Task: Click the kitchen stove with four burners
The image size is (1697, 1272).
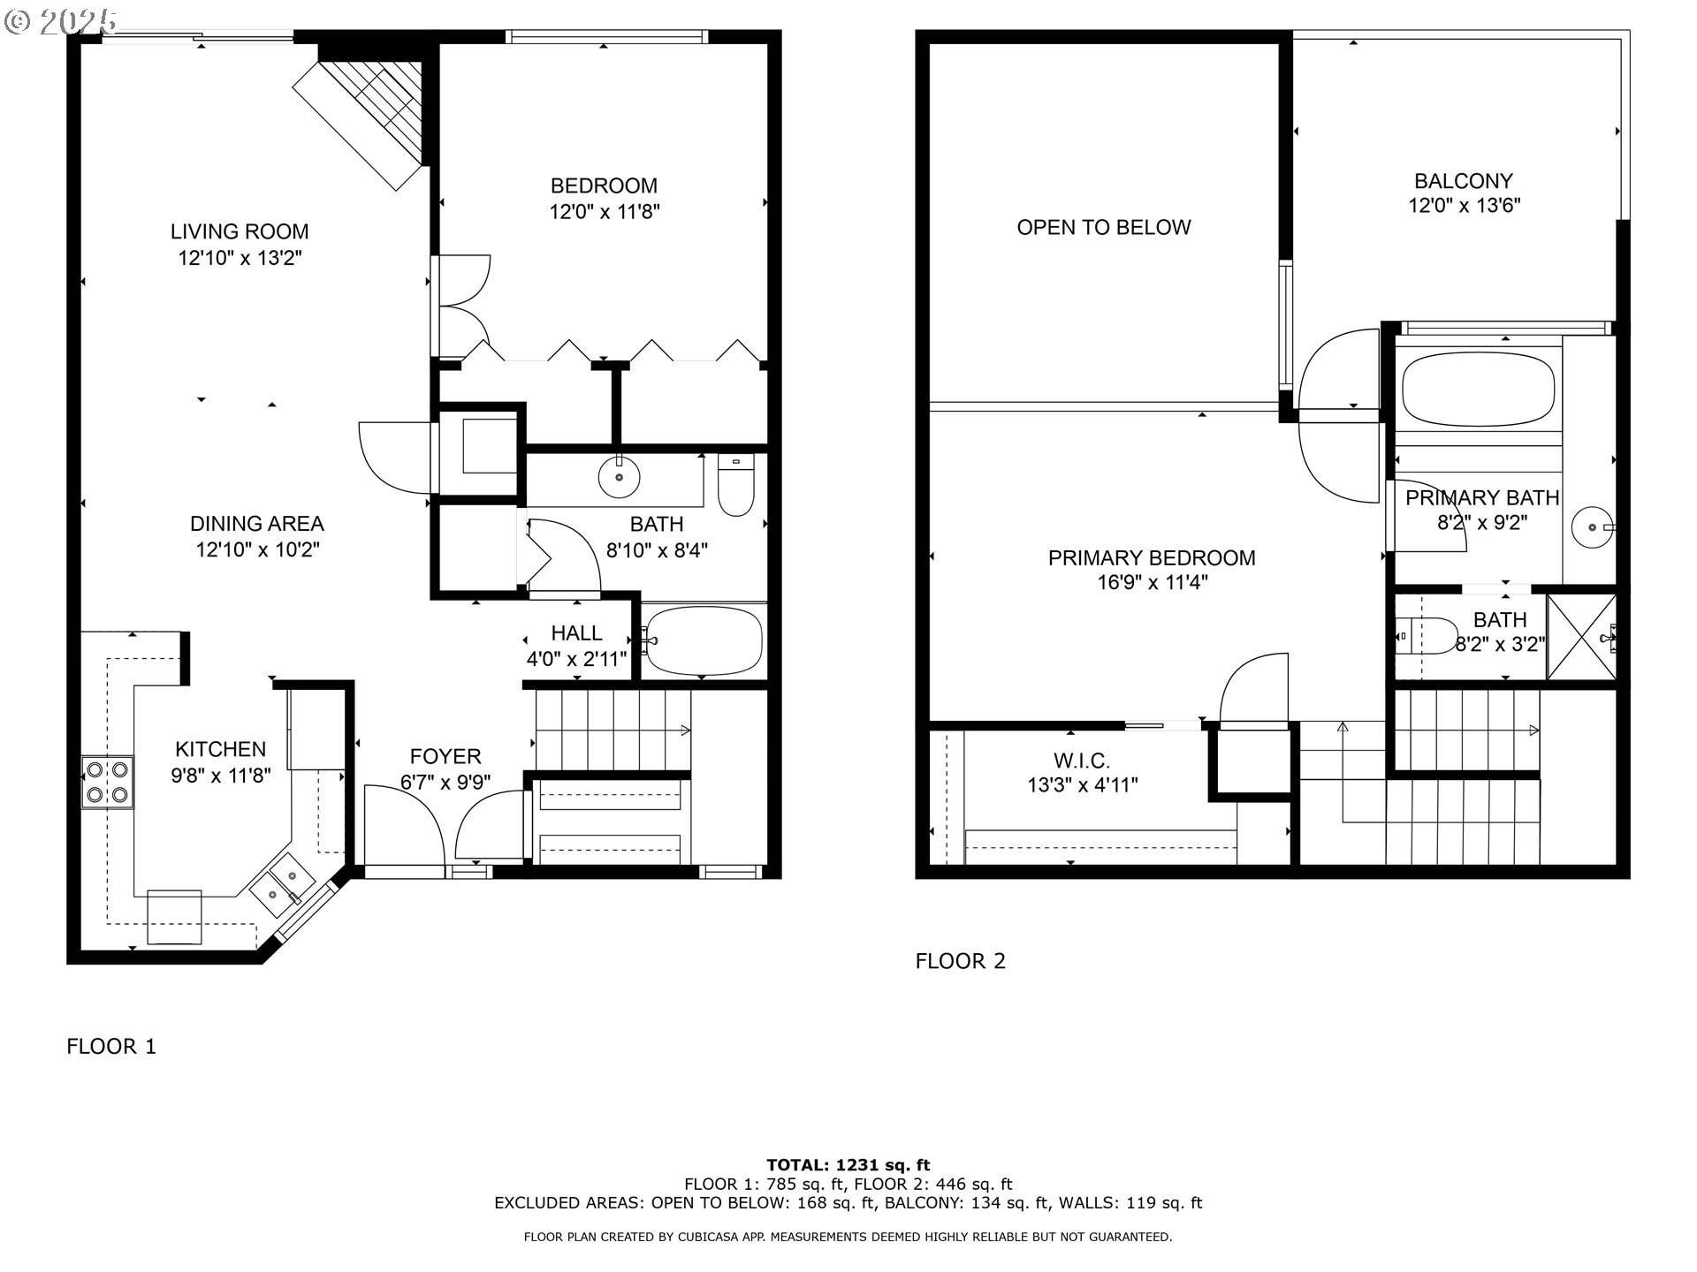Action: (107, 782)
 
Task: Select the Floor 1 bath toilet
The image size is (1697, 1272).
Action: (734, 485)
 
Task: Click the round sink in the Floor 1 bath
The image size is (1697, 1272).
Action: (619, 477)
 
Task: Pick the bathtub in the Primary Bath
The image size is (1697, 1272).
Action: (1478, 390)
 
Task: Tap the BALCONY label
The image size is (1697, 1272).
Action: (1464, 181)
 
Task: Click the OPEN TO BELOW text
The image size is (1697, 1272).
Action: (1104, 228)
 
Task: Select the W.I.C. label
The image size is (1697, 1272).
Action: (1082, 761)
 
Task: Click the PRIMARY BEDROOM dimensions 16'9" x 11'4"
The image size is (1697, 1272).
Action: (1152, 583)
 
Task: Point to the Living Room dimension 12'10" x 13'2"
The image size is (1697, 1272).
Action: (240, 258)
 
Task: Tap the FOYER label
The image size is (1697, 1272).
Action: (445, 757)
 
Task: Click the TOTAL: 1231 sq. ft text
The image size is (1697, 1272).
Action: (848, 1165)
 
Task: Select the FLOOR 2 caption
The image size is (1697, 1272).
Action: (961, 961)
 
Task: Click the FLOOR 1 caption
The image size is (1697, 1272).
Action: (111, 1047)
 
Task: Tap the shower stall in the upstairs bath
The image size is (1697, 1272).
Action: (1581, 637)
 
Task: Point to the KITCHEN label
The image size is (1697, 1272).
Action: (221, 750)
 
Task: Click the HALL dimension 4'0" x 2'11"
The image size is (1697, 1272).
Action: (577, 659)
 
